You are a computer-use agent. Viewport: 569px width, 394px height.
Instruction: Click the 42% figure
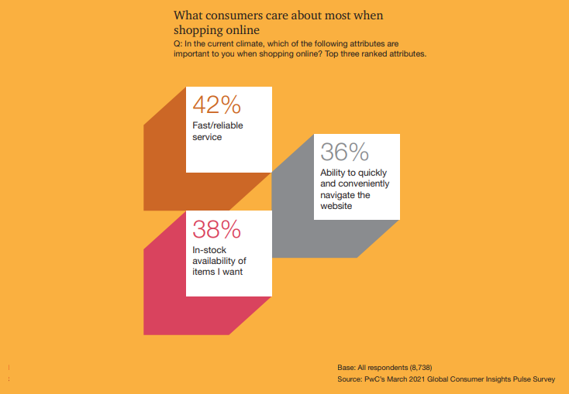(216, 104)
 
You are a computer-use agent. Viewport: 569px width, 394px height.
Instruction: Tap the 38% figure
(216, 229)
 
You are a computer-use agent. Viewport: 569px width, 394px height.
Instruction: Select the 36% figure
(344, 152)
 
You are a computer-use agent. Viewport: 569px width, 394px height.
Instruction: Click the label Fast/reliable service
(218, 132)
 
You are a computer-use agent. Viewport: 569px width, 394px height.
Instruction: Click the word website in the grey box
(336, 206)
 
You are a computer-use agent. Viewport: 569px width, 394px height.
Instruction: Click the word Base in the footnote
(347, 368)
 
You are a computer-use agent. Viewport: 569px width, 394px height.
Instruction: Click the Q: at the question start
(178, 44)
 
